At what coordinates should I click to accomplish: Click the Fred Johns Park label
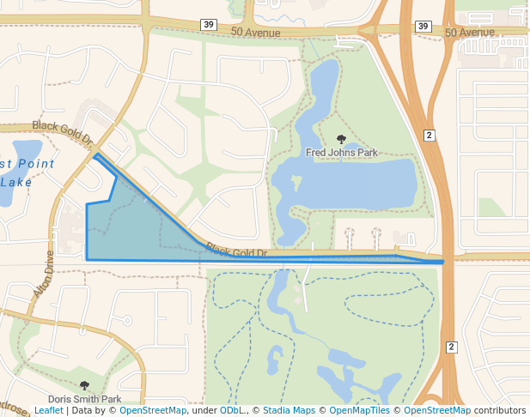tap(342, 153)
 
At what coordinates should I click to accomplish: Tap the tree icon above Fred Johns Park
tap(342, 139)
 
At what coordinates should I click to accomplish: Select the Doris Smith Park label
tap(84, 399)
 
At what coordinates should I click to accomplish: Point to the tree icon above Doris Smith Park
tap(84, 386)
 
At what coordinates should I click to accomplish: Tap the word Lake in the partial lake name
tap(17, 182)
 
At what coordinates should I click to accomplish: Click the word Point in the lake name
tap(35, 164)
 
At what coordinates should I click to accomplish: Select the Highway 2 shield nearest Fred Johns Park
tap(429, 135)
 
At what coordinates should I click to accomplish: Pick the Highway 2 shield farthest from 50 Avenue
tap(451, 347)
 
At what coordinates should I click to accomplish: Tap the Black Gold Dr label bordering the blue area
tap(237, 252)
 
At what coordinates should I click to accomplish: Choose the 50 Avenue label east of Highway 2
tap(470, 32)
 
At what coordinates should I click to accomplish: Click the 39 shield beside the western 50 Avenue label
tap(210, 25)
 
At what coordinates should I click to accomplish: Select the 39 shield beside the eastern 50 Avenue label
tap(422, 27)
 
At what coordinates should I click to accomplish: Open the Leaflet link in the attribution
tap(48, 411)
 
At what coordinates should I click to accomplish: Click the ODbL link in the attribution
tap(232, 411)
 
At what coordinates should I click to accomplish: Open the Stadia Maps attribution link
tap(289, 411)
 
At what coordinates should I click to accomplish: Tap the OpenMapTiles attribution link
tap(360, 411)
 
